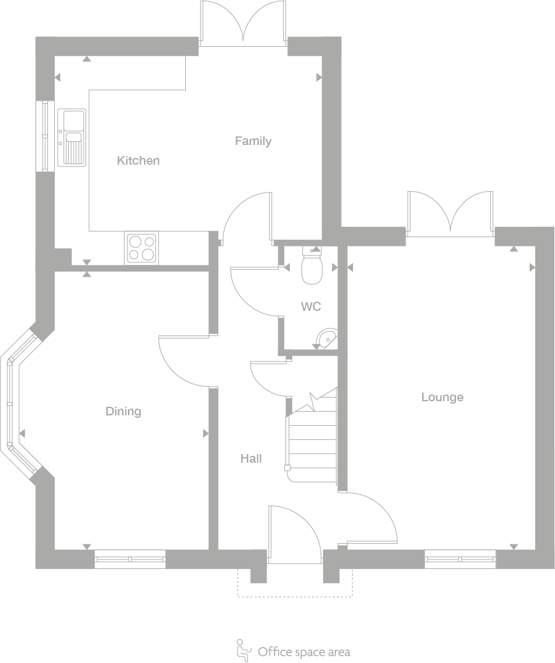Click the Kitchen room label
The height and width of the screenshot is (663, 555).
pos(138,160)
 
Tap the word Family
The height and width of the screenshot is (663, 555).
pos(253,141)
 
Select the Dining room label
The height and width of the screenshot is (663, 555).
pos(123,411)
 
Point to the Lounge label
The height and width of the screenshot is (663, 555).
pos(442,397)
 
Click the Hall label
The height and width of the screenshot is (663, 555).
pos(251,458)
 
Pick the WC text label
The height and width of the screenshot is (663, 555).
pos(311,307)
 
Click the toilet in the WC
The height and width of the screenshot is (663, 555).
pos(313,267)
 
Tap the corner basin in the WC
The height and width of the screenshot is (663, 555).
pos(329,338)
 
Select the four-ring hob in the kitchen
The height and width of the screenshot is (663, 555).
pos(141,248)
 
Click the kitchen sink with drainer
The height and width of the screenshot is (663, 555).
pos(72,137)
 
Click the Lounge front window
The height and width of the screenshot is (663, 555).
pos(460,559)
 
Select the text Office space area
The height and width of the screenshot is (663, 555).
pos(304,651)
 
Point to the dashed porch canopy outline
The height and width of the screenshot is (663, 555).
pos(295,595)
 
